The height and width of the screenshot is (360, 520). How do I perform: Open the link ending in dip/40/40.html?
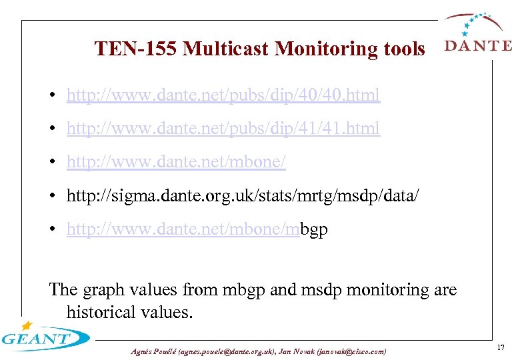[223, 95]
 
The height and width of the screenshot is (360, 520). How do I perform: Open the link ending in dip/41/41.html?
[223, 127]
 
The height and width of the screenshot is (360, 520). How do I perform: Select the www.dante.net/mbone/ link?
[176, 160]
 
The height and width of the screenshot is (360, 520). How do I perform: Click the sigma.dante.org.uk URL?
[243, 195]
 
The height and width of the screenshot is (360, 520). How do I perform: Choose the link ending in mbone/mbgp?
[197, 229]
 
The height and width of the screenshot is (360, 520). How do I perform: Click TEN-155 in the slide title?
[135, 49]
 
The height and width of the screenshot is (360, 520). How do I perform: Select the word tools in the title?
[404, 49]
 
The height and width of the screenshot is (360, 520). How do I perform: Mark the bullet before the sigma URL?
[53, 196]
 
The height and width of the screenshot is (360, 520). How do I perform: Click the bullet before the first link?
[53, 96]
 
